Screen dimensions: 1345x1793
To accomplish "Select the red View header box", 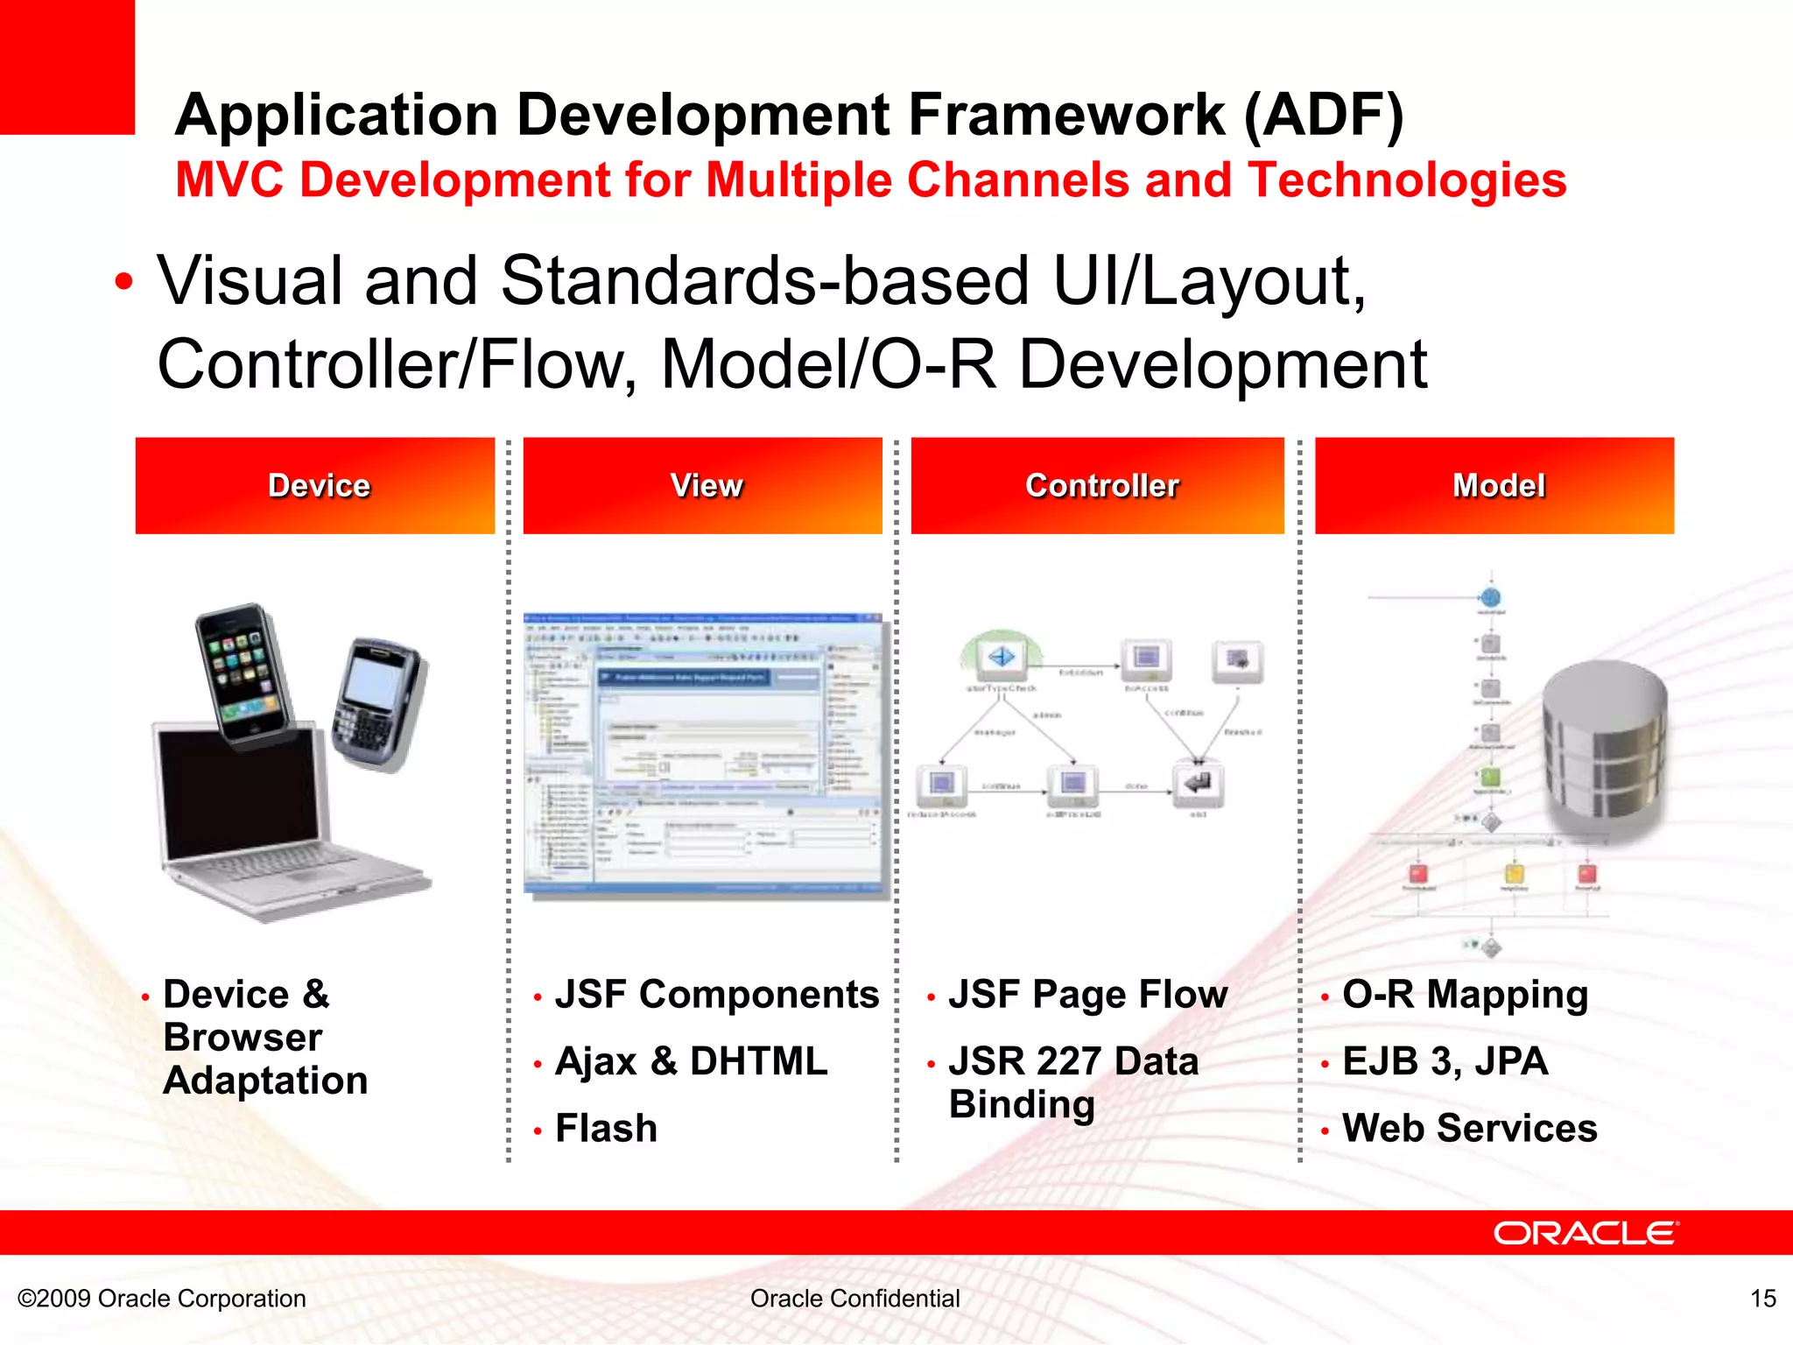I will pos(703,486).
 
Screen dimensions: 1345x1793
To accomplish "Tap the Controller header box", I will pos(1098,486).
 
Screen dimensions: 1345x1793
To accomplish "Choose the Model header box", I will pos(1494,486).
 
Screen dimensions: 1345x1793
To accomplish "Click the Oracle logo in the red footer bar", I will pos(1586,1233).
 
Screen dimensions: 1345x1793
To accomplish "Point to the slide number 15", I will pos(1762,1299).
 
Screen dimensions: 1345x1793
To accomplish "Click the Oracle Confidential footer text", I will pos(854,1299).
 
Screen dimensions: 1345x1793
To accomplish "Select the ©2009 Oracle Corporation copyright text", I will pos(162,1299).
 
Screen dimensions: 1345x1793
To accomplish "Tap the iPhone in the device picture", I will pos(242,674).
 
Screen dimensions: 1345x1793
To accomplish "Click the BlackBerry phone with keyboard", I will pos(376,705).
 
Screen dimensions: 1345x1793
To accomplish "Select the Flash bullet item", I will pos(606,1128).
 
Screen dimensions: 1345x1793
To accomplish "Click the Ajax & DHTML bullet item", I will pos(691,1061).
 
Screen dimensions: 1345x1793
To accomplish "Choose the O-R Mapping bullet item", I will pos(1465,995).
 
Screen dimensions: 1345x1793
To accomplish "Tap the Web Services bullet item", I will pos(1469,1128).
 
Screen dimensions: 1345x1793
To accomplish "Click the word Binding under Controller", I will pos(1022,1105).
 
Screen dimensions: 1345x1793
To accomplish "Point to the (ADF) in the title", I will pos(1324,116).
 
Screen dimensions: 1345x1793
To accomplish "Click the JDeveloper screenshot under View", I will pos(705,755).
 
